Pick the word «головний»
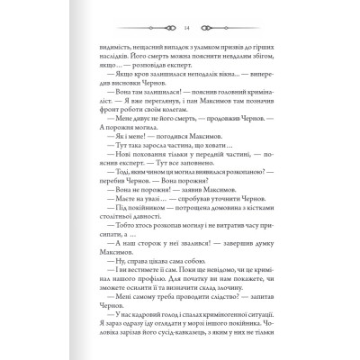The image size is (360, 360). coord(229,103)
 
